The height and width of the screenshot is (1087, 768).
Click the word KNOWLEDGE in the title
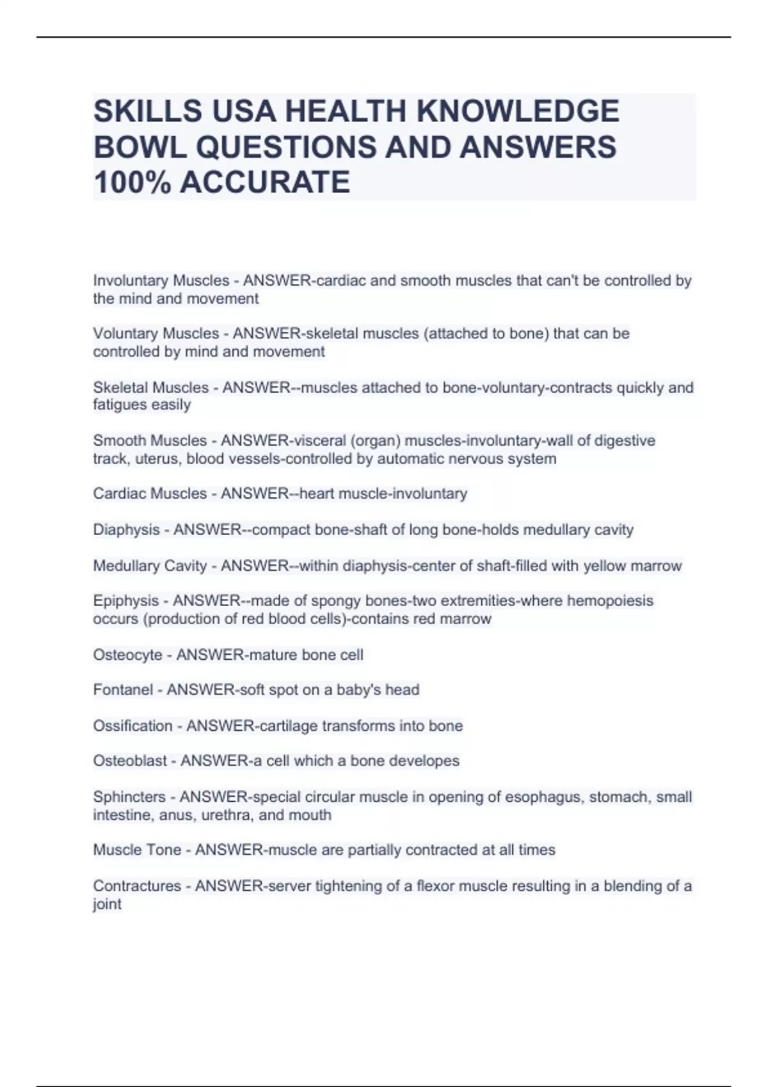point(518,112)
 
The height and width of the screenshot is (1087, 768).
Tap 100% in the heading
point(131,182)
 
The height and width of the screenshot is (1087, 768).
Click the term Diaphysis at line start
point(126,530)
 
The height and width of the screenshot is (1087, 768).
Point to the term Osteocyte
point(127,655)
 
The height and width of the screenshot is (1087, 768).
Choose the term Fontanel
point(123,690)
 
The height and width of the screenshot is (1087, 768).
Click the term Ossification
point(132,726)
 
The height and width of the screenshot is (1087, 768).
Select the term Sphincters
point(129,797)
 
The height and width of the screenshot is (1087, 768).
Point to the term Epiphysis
point(125,601)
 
